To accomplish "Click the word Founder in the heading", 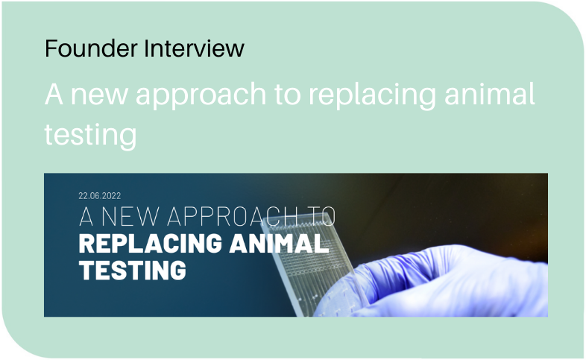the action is (91, 48).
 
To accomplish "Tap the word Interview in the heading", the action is (195, 48).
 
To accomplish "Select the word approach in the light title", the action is (201, 95).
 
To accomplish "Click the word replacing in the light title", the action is (372, 95).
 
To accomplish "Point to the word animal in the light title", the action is (490, 93).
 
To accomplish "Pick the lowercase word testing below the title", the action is (90, 136).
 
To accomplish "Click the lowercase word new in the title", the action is (99, 96).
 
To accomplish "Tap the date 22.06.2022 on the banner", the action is (100, 196).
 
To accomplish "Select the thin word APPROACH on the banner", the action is (232, 217).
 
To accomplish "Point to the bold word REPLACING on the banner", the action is (151, 244).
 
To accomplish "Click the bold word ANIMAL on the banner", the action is (279, 244).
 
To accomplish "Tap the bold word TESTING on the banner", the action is (132, 270).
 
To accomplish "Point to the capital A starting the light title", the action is (54, 94).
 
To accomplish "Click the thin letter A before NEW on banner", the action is (86, 217).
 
